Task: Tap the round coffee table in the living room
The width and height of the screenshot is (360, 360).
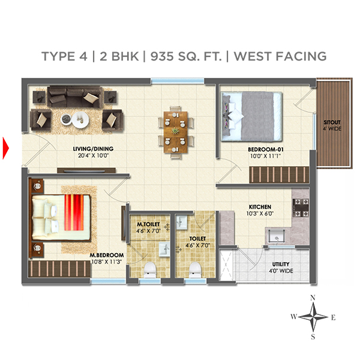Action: (x=77, y=118)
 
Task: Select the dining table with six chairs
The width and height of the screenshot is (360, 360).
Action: (x=176, y=129)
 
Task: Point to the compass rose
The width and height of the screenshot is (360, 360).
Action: (x=313, y=316)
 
